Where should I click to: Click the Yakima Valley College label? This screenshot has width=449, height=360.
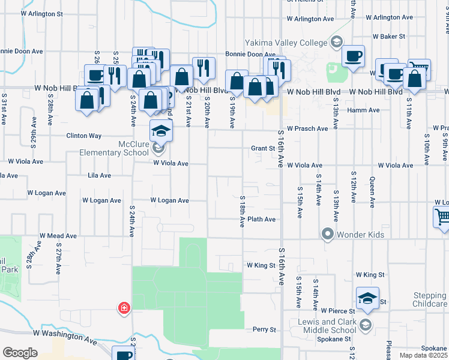(285, 43)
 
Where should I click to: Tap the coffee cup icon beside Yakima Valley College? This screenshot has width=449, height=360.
(353, 56)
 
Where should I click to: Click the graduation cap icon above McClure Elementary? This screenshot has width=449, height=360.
(161, 130)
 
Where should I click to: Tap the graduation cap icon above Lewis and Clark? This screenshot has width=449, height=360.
(367, 297)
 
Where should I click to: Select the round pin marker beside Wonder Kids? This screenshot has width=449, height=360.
(328, 233)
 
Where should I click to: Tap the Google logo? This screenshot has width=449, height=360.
(20, 353)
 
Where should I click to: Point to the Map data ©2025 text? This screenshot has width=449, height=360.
(423, 355)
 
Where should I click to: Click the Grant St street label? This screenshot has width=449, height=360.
(262, 148)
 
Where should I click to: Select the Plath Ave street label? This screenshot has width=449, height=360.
(261, 220)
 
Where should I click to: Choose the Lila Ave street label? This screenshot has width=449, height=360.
(100, 176)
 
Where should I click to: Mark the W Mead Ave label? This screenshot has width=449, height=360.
(58, 236)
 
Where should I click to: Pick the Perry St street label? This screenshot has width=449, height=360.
(264, 329)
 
